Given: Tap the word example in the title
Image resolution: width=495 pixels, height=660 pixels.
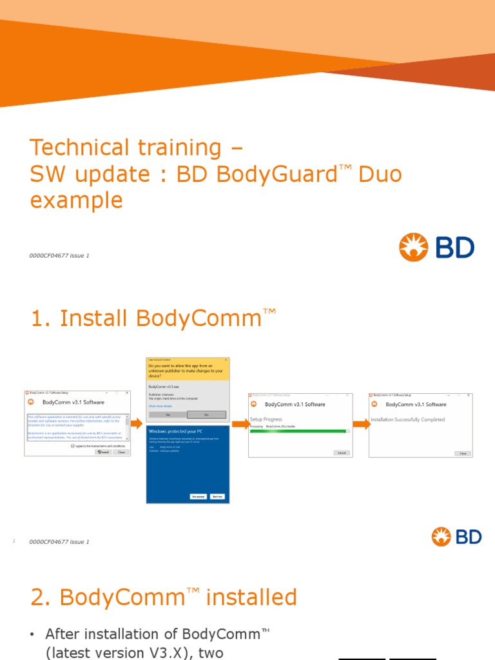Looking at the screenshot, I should pyautogui.click(x=76, y=200).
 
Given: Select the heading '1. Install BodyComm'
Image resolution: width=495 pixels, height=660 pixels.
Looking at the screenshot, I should pyautogui.click(x=153, y=318).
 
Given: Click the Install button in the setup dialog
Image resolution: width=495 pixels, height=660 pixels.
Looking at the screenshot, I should pyautogui.click(x=103, y=452).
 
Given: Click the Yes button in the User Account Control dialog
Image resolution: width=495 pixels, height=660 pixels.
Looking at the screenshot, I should pyautogui.click(x=168, y=414).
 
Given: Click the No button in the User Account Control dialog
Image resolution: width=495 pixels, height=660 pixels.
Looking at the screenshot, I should pyautogui.click(x=206, y=414).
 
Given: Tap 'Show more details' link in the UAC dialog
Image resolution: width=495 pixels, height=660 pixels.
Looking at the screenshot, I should pyautogui.click(x=161, y=406).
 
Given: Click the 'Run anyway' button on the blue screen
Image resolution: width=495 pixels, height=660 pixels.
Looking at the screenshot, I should pyautogui.click(x=198, y=496).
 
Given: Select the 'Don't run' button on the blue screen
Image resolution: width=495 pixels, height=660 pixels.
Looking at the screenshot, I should pyautogui.click(x=218, y=496).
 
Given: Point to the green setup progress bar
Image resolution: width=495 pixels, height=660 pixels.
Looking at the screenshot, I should pyautogui.click(x=297, y=431).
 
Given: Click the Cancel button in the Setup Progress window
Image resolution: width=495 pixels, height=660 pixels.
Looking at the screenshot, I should pyautogui.click(x=342, y=453).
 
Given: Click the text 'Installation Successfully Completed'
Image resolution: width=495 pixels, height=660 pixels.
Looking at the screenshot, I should pyautogui.click(x=408, y=420).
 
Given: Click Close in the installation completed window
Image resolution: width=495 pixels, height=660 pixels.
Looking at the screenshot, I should pyautogui.click(x=462, y=453).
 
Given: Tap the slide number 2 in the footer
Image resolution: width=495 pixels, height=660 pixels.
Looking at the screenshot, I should pyautogui.click(x=14, y=541).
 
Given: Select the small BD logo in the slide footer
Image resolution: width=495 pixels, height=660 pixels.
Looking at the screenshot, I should pyautogui.click(x=456, y=536).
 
